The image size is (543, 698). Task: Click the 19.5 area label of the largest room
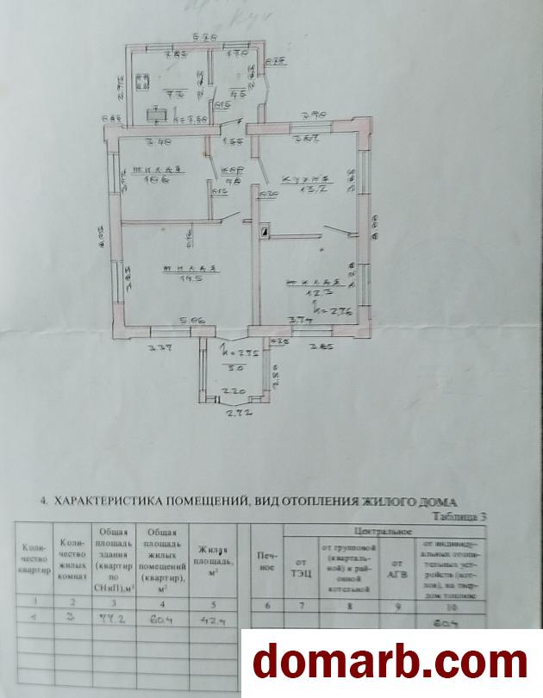tap(184, 279)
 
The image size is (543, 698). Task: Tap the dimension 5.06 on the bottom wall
tap(191, 321)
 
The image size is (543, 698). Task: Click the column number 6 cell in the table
tap(269, 606)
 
